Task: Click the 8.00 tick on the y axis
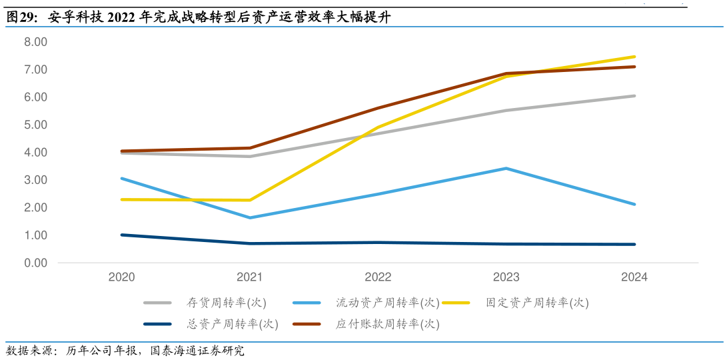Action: tap(35, 41)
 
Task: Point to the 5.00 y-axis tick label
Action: tap(35, 125)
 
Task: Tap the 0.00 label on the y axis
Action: tap(35, 263)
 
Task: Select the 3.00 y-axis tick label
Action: tap(35, 180)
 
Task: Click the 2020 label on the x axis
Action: tap(121, 277)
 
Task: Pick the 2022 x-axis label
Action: tap(378, 277)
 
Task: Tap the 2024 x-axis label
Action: tap(634, 277)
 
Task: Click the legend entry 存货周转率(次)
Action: tap(227, 303)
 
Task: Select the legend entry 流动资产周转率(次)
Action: tap(387, 303)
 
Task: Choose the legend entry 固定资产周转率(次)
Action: tap(537, 303)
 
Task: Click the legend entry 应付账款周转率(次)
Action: tap(387, 325)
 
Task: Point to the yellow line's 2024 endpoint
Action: tap(634, 57)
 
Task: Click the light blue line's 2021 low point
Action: tap(250, 217)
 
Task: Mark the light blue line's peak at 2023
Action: tap(506, 169)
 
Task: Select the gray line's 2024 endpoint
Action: tap(634, 96)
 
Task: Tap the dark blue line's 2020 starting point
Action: tap(122, 235)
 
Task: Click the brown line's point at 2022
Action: tap(378, 108)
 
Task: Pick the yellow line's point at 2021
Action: tap(250, 200)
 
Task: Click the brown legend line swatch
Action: tap(307, 325)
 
